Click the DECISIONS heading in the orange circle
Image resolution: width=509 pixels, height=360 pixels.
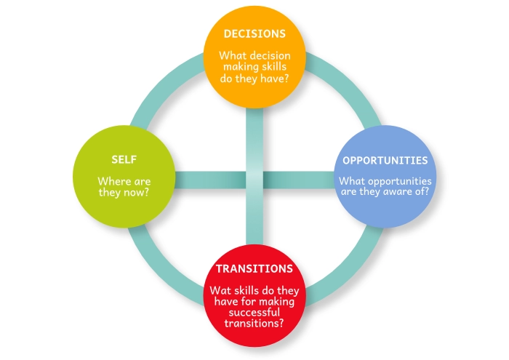tap(254, 33)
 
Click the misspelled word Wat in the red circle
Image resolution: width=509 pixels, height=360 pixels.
tap(220, 289)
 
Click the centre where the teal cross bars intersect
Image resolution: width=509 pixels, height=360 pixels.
tap(254, 178)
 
